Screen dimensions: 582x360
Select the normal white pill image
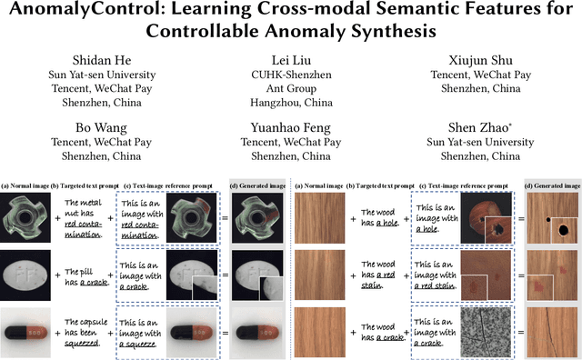coord(28,275)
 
